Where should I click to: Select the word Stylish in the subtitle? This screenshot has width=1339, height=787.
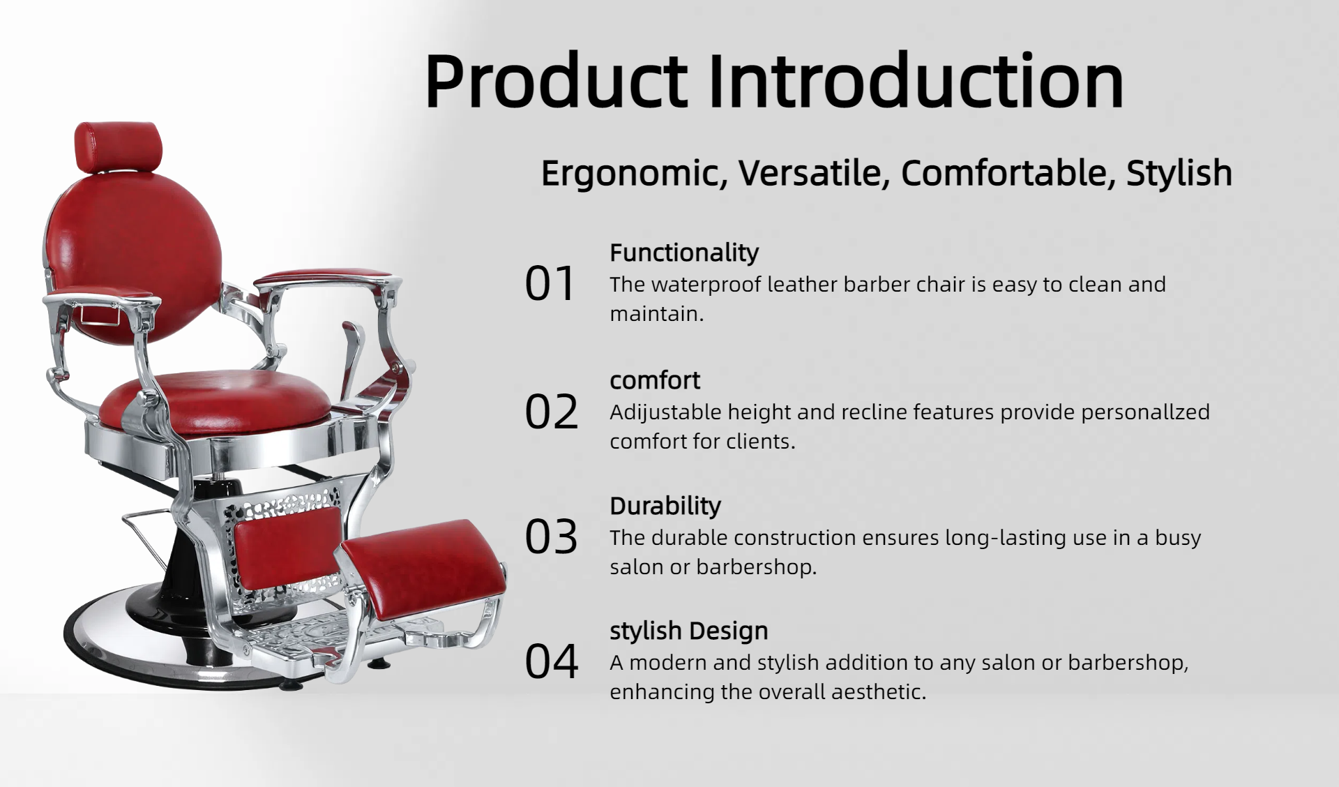coord(1179,173)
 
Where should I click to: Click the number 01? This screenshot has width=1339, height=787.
coord(550,284)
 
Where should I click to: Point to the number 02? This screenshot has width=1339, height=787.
coord(552,412)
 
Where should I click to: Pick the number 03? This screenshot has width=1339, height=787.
coord(552,537)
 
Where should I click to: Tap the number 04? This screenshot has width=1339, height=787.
coord(552,662)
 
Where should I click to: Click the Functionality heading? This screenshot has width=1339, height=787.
coord(684,253)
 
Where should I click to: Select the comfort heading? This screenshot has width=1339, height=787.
coord(655,380)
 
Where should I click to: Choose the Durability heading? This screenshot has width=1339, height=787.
coord(665,506)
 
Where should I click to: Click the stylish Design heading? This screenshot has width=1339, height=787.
coord(689,631)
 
